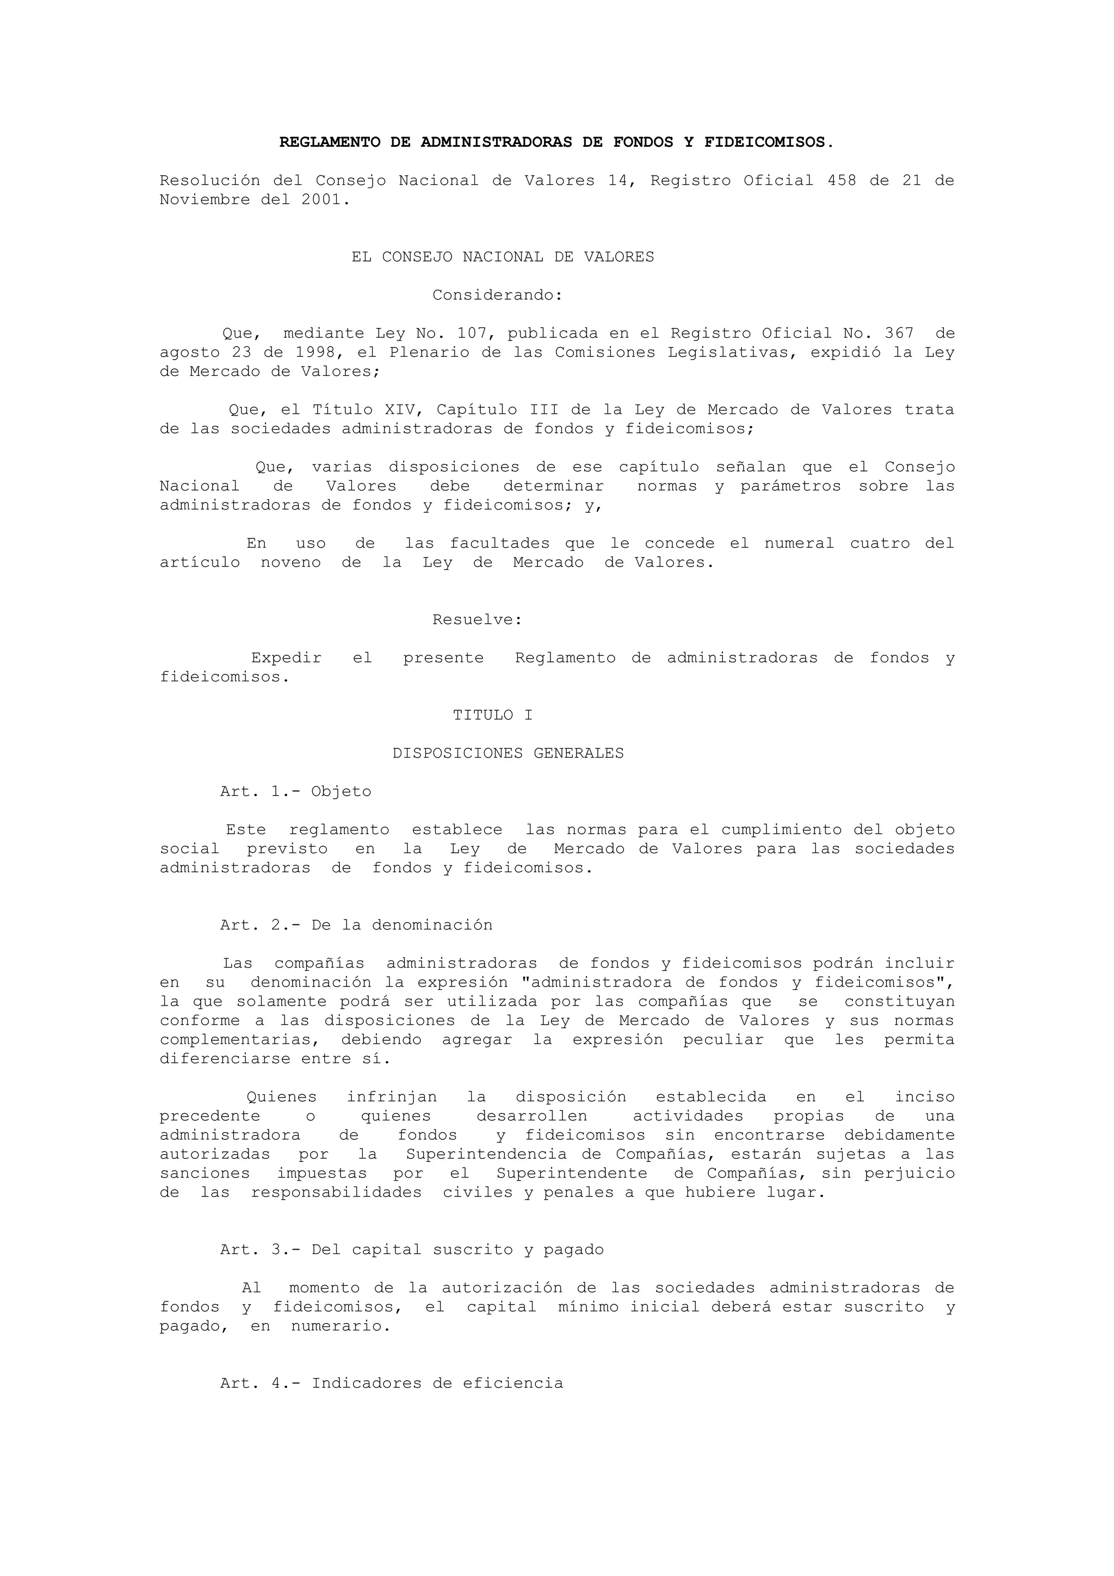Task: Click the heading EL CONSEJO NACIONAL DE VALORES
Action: [x=503, y=257]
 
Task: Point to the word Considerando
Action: [x=497, y=295]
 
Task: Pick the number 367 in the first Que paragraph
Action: [x=899, y=333]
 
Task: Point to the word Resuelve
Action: [x=477, y=620]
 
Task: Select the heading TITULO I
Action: [x=492, y=715]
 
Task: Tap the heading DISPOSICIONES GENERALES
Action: [x=508, y=754]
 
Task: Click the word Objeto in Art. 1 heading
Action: [x=341, y=791]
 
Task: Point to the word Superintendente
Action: [x=572, y=1173]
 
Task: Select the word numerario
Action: [x=340, y=1326]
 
